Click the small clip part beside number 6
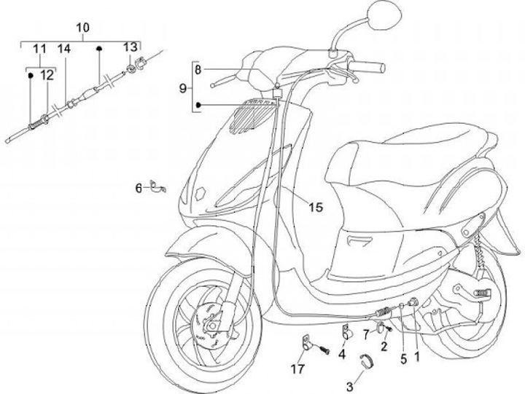pyautogui.click(x=157, y=186)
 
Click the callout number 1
pyautogui.click(x=417, y=357)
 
